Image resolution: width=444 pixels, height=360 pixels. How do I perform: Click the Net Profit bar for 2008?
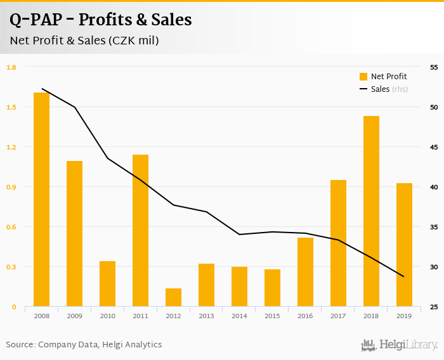(41, 200)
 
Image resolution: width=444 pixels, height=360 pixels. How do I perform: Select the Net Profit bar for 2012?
(173, 298)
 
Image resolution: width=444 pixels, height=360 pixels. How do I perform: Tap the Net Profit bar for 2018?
(371, 212)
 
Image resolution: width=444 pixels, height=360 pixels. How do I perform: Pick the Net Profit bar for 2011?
(140, 231)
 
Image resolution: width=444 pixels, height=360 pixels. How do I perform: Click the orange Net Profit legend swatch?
(363, 77)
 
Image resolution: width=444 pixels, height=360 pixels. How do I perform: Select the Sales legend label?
(380, 89)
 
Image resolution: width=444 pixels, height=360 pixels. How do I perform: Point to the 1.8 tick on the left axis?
(11, 67)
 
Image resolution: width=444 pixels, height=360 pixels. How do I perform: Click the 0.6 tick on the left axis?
(11, 227)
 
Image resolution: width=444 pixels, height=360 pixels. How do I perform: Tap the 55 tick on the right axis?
(434, 67)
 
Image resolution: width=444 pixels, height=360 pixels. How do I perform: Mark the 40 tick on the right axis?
(434, 187)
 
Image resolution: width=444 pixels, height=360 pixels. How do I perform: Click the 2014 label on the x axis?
(239, 316)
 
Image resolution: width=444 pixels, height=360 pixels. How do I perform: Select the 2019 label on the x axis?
(404, 316)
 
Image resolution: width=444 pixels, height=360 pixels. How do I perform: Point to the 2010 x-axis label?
(107, 316)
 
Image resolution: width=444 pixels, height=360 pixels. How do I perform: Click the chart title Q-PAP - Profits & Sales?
(100, 20)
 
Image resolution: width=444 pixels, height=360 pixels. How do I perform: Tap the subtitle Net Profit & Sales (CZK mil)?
(84, 41)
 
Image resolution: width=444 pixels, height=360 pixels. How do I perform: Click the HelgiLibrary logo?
(399, 345)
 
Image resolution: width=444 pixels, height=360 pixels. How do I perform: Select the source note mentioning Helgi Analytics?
(84, 345)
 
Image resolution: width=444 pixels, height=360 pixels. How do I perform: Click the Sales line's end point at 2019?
(404, 276)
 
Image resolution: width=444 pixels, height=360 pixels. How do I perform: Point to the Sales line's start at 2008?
(41, 89)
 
